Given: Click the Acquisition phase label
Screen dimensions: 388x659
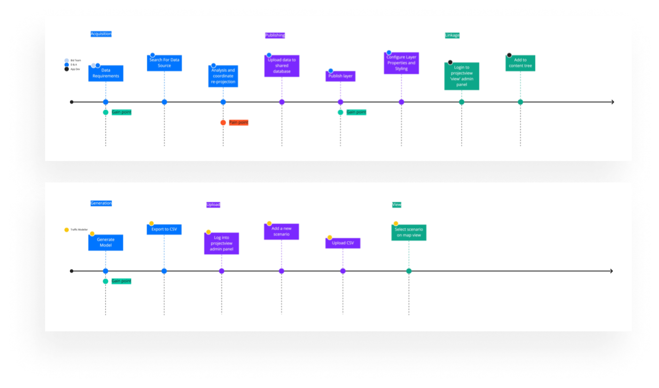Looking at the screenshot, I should (x=101, y=34).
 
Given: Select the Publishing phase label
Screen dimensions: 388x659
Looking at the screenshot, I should (x=275, y=35).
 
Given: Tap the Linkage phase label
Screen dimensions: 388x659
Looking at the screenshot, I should (x=452, y=35).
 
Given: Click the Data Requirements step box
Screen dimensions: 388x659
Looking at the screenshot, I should (x=106, y=74).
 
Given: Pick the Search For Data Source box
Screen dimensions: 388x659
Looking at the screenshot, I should (x=164, y=63).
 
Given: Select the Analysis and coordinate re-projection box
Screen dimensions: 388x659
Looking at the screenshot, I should (x=223, y=76).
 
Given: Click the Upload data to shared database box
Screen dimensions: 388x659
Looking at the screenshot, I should (x=282, y=66).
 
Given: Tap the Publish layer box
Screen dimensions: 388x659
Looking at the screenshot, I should (x=340, y=76).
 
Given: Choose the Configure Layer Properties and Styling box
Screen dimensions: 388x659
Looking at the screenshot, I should (x=401, y=63).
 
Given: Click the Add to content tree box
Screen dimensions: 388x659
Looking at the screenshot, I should (x=520, y=63).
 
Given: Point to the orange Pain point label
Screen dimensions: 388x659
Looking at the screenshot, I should (x=238, y=123).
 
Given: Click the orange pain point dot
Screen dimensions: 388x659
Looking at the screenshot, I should (x=223, y=123).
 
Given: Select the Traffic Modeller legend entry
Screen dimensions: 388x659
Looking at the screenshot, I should (x=76, y=230).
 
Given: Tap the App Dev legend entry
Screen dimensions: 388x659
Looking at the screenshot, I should (x=72, y=69).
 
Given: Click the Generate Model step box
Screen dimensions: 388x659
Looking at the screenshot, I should (x=106, y=242).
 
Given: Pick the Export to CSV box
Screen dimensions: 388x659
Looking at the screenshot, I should (x=164, y=230).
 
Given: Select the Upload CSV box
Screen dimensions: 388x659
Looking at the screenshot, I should (x=343, y=243).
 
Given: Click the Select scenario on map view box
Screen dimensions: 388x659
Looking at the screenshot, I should (x=408, y=233).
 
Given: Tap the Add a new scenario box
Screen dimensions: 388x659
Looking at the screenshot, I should (x=281, y=232).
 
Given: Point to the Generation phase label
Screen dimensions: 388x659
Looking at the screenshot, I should (x=101, y=203).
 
